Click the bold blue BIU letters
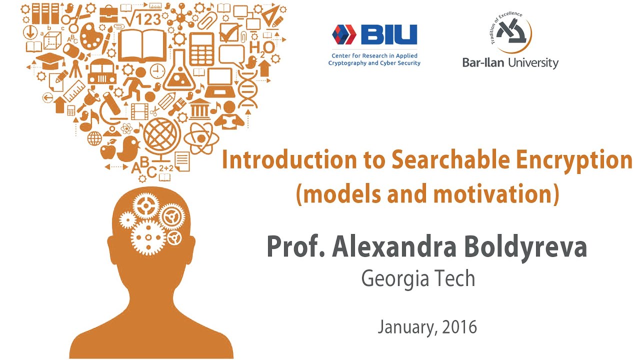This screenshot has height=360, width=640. coord(388,35)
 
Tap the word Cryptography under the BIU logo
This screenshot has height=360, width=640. coord(348,63)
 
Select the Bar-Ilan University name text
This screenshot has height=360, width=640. coord(510,62)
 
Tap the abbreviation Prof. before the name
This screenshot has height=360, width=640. coord(295,246)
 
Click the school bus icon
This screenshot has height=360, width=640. coord(102,73)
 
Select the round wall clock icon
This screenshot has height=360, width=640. coord(157,70)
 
